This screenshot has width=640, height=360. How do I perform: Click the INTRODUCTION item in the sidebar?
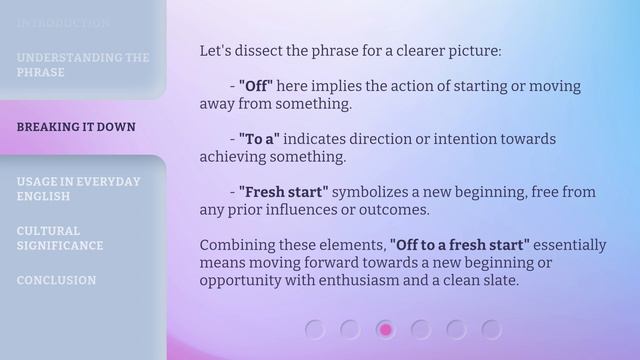coord(63,22)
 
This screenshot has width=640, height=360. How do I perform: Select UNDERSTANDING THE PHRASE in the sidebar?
coord(82,65)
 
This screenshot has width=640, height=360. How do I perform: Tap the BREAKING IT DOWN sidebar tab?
coord(76,128)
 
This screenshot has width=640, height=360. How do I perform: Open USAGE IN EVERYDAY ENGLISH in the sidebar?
coord(78,189)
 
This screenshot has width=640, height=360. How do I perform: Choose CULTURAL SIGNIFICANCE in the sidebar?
coord(59,238)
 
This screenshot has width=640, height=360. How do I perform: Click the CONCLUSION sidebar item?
coord(56,281)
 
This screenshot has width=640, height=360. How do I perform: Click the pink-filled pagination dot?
coord(385,329)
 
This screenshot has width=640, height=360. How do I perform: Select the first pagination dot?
coord(315,329)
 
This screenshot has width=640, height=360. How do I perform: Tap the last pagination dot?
coord(491,329)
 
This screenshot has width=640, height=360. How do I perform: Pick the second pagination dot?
coord(350,329)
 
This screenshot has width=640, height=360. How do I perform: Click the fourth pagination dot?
coord(421,329)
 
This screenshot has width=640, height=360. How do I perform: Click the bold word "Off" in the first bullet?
coord(256,87)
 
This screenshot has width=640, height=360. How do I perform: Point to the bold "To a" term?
coord(258,139)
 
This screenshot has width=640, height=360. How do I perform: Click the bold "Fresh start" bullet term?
coord(283,191)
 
